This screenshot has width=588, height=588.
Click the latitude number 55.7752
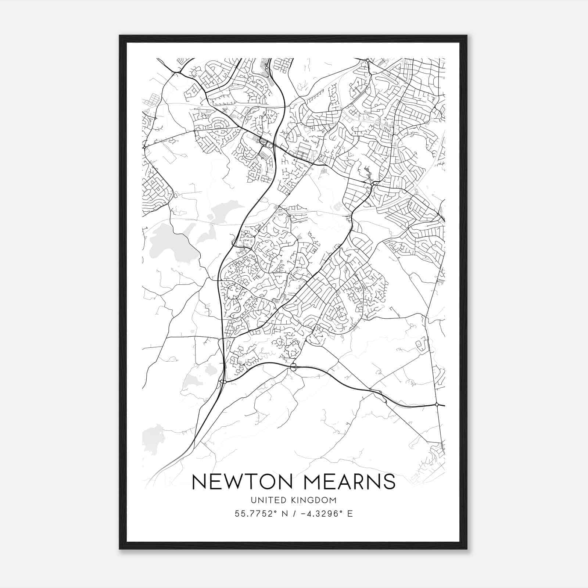[x=254, y=514]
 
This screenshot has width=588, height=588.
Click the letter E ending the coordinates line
[x=350, y=514]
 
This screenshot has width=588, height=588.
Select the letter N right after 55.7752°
[x=284, y=514]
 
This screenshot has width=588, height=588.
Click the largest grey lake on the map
[x=169, y=241]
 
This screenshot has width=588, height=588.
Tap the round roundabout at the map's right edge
[x=437, y=405]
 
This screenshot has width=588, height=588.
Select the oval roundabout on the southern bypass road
[x=293, y=366]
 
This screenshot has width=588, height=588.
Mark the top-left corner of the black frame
[x=120, y=36]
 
